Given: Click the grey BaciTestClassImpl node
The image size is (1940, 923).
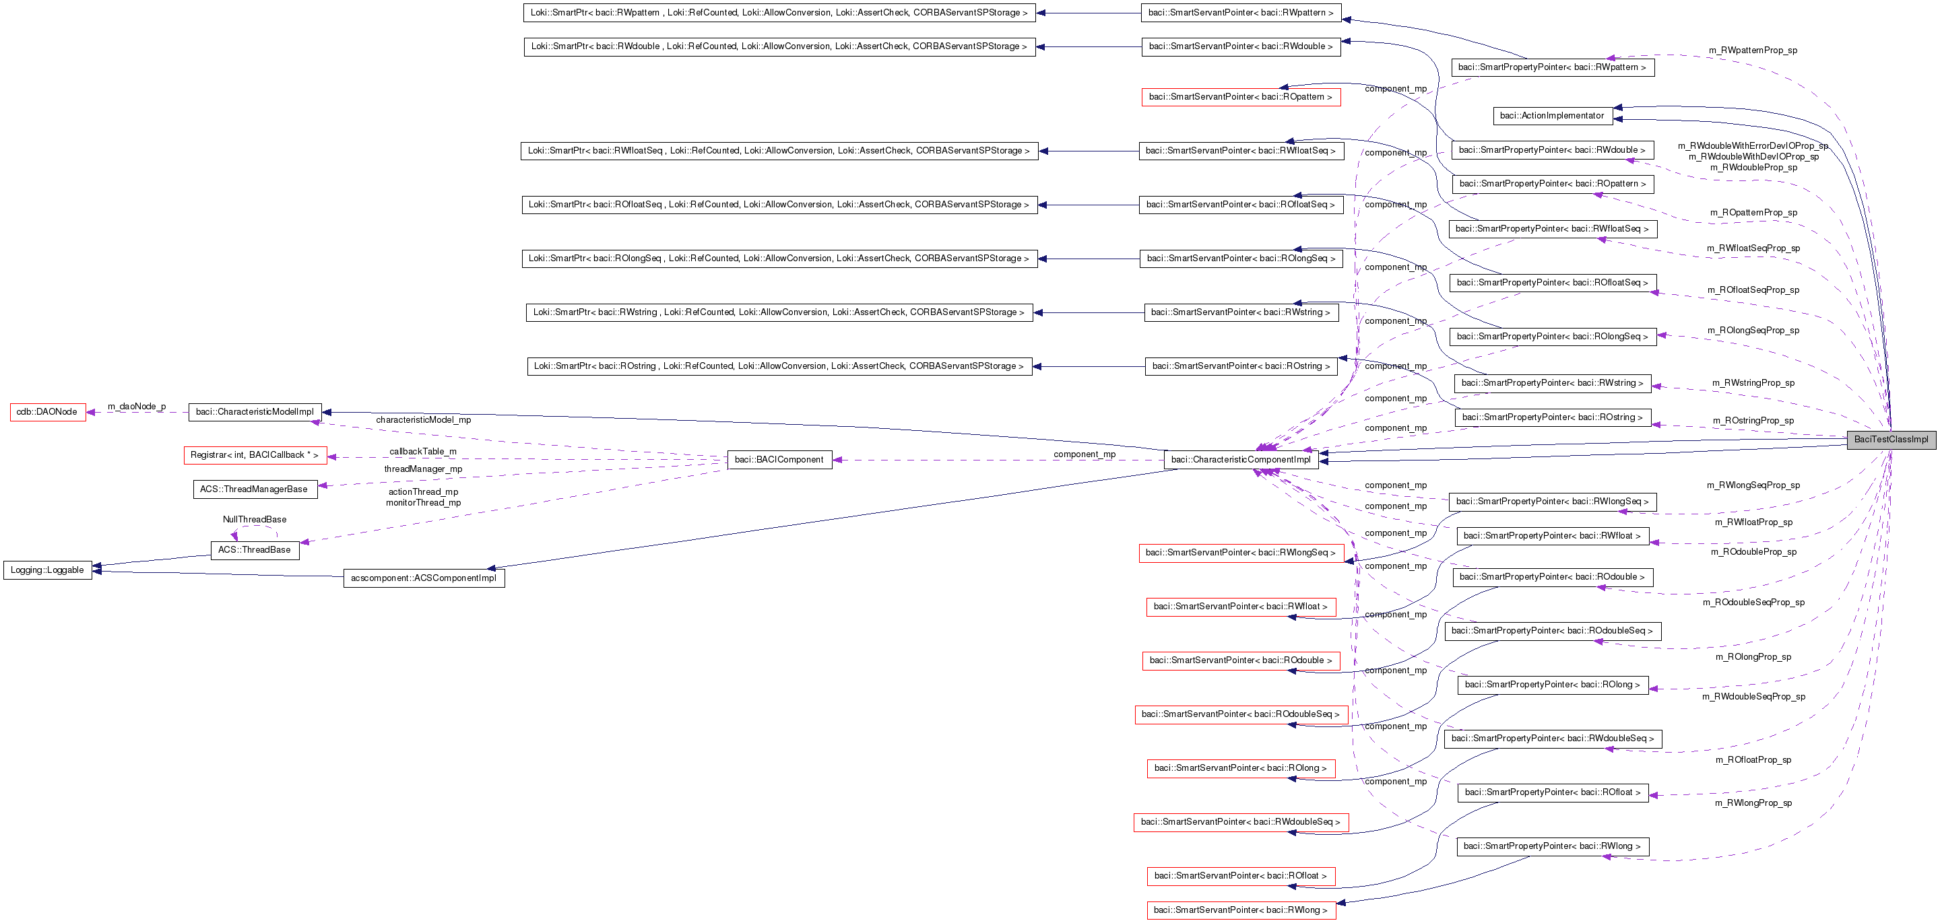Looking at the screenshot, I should coord(1890,440).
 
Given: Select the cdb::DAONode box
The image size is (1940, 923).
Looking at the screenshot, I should coord(47,413).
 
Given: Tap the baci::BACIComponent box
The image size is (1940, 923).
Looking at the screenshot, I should coord(779,460).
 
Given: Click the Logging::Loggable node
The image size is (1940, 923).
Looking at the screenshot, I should coord(47,571).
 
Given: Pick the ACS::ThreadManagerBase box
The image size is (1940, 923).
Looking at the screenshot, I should coord(254,489).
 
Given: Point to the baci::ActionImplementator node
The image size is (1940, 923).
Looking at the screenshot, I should coord(1551,116).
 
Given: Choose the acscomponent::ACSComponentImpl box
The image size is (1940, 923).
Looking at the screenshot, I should coord(423,578).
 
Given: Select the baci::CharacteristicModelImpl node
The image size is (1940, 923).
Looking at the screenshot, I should coord(255,412).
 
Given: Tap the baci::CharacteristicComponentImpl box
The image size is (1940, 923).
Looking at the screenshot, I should coord(1240,460).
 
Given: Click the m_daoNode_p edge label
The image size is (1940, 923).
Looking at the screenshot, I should coord(136,407).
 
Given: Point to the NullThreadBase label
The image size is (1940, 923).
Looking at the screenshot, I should coord(255,520).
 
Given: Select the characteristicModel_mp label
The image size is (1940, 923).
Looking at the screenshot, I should coord(423,420).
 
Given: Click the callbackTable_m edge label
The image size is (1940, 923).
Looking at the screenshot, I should coord(422,452).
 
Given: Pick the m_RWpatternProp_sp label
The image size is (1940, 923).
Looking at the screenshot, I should coord(1753,50).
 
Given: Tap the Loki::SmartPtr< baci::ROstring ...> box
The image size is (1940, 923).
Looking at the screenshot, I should coord(779,367).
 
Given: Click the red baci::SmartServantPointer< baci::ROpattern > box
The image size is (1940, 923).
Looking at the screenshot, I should coord(1240,97).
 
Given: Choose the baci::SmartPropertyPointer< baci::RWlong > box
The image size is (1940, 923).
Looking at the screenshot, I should coord(1552,846).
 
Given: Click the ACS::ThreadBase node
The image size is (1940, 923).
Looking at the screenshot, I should coord(255,550).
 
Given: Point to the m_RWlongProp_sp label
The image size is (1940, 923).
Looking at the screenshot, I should coord(1753,803).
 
